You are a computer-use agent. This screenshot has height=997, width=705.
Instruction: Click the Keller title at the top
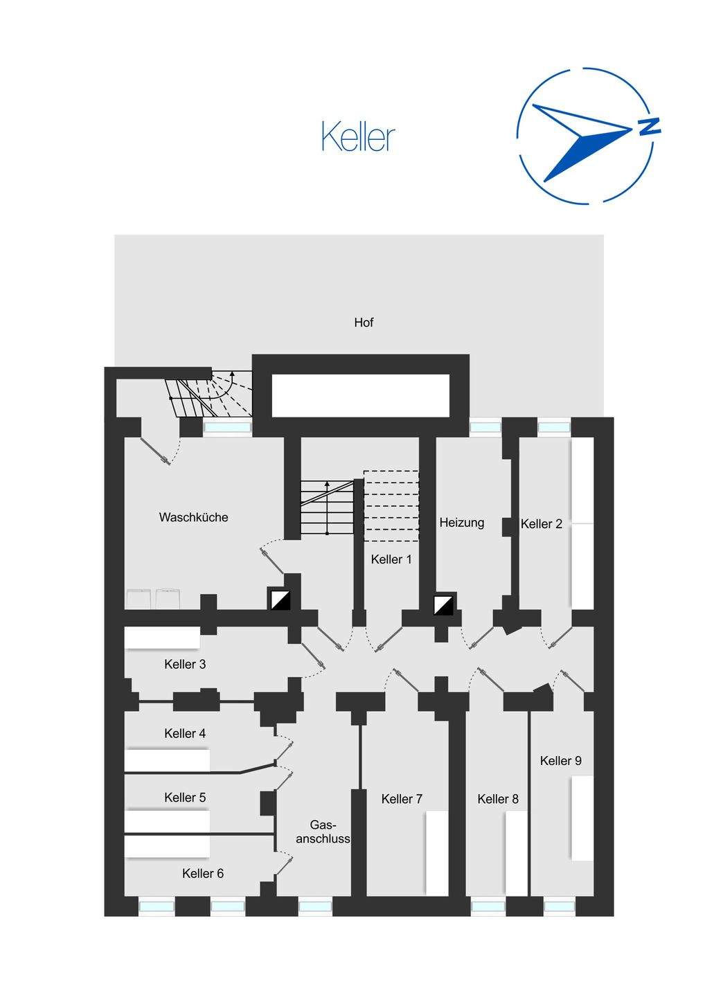point(358,137)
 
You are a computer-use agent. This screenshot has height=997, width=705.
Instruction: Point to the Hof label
point(364,323)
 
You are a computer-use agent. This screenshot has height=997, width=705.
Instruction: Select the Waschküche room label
point(193,517)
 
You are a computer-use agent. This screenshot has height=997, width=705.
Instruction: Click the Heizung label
point(461,523)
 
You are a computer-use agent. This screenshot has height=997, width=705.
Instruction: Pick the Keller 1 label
point(391,559)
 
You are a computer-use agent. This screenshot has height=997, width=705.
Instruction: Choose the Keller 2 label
point(542,524)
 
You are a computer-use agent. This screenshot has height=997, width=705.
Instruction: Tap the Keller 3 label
point(185,664)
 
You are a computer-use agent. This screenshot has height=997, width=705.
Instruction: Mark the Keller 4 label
point(185,733)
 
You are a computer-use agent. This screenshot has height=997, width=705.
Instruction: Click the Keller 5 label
point(185,798)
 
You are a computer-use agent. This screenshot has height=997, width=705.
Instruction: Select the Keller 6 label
point(203,874)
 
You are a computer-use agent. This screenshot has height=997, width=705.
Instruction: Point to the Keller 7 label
point(402,799)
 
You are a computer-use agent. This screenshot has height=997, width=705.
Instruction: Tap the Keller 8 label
point(498,799)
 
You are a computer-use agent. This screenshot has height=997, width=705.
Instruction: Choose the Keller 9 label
point(560,761)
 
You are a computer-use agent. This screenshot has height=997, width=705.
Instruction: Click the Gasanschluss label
point(323,832)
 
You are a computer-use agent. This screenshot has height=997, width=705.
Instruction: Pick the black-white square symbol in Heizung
point(443,604)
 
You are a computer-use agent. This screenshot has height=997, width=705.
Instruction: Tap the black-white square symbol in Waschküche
point(280,600)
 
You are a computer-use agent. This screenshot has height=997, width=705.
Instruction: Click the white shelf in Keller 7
point(437,853)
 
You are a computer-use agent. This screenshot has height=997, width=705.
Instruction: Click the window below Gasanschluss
point(315,906)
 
